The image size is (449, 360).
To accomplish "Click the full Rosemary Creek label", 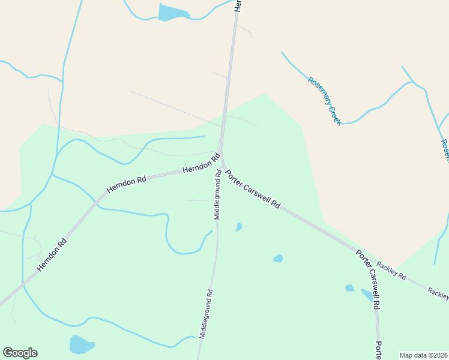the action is (x=325, y=101).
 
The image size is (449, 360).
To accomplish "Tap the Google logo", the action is (x=20, y=353).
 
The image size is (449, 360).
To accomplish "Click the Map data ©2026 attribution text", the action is (x=423, y=355).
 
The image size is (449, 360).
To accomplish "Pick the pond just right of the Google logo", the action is (x=82, y=344).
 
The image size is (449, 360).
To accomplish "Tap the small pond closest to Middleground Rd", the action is (x=239, y=227).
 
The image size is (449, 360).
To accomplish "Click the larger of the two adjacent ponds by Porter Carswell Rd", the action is (x=367, y=295).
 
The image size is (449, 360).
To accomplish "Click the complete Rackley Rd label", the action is (x=391, y=271).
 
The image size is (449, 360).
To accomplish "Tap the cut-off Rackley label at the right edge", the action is (x=438, y=293).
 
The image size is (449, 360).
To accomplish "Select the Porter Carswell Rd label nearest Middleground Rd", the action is (x=253, y=188).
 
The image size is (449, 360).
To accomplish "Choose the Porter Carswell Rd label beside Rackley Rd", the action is (x=368, y=280).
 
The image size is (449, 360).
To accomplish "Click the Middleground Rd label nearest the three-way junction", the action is (x=218, y=197).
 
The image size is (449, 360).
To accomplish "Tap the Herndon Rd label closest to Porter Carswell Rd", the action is (x=201, y=166).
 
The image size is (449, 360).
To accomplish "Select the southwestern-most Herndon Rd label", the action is (x=52, y=256).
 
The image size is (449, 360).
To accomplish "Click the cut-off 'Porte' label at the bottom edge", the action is (x=379, y=351).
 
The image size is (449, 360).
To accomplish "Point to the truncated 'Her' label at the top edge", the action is (x=238, y=5).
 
